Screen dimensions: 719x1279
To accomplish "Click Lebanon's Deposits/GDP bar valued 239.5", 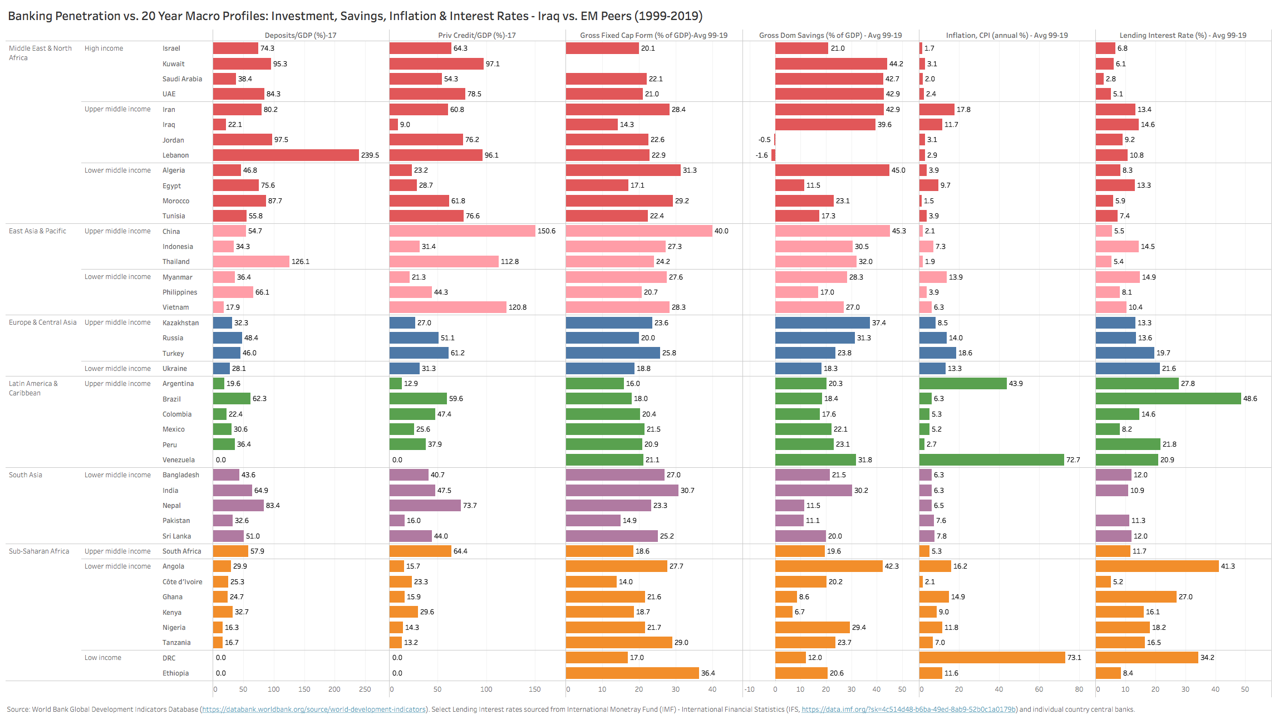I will (x=286, y=155).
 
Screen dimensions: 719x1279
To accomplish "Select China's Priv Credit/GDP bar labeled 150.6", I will (x=462, y=231).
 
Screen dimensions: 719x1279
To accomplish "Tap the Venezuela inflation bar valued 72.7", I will (x=991, y=460).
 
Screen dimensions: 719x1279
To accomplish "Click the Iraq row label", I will (x=169, y=125).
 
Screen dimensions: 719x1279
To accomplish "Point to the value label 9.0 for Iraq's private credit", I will (x=405, y=125).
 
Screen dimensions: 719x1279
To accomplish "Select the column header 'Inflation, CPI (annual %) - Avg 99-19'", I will (x=1006, y=35).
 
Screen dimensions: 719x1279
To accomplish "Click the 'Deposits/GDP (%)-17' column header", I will (x=301, y=35).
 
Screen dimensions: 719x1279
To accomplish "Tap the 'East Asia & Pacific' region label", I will (x=37, y=231).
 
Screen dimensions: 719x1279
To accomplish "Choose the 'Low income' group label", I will (x=102, y=658).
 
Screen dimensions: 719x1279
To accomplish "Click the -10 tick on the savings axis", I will (x=749, y=689).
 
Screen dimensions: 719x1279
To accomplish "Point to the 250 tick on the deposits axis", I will (x=365, y=689).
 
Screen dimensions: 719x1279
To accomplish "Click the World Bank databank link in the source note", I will (x=314, y=710).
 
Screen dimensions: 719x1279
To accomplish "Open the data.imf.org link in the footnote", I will (x=909, y=710).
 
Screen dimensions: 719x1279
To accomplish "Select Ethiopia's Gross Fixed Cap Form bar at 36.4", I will (x=632, y=673).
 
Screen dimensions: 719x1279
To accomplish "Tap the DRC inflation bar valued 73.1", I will (x=992, y=658).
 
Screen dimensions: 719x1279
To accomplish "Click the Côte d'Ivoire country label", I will (x=182, y=582).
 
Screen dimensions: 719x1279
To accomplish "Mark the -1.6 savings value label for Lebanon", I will (x=761, y=155).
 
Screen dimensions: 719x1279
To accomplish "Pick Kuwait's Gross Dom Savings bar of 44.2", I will (x=831, y=64).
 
